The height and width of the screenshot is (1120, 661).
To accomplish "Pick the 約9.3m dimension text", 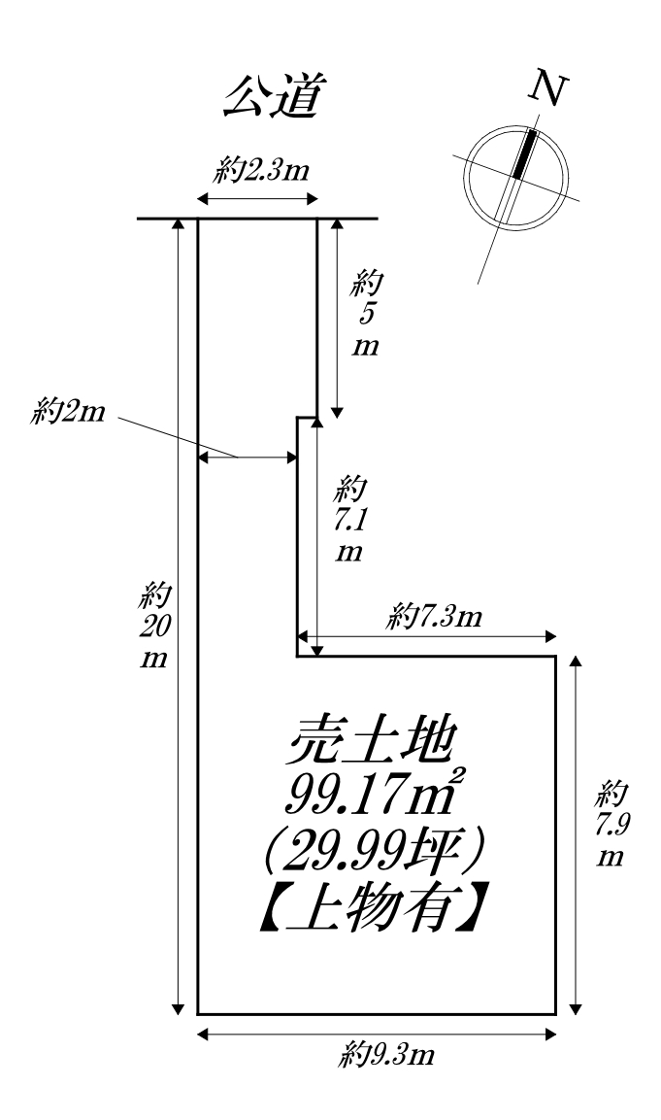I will click(x=386, y=1055).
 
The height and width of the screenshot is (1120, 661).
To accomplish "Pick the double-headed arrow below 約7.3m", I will click(x=427, y=637).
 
